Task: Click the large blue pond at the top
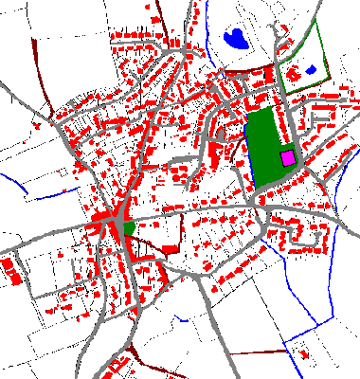pyautogui.click(x=234, y=39)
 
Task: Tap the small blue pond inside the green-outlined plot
pyautogui.click(x=310, y=70)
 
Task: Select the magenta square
pyautogui.click(x=287, y=157)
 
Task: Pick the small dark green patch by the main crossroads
pyautogui.click(x=129, y=226)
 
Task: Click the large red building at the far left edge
pyautogui.click(x=13, y=273)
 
